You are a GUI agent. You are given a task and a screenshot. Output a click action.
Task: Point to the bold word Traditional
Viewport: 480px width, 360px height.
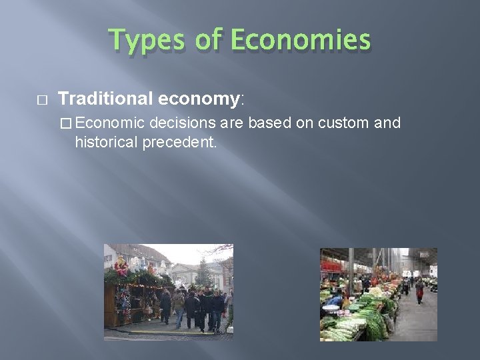(x=106, y=99)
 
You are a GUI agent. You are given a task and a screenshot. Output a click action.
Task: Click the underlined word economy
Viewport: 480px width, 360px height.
(x=200, y=100)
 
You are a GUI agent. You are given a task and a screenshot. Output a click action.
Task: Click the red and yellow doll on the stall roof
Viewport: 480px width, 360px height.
(x=122, y=265)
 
